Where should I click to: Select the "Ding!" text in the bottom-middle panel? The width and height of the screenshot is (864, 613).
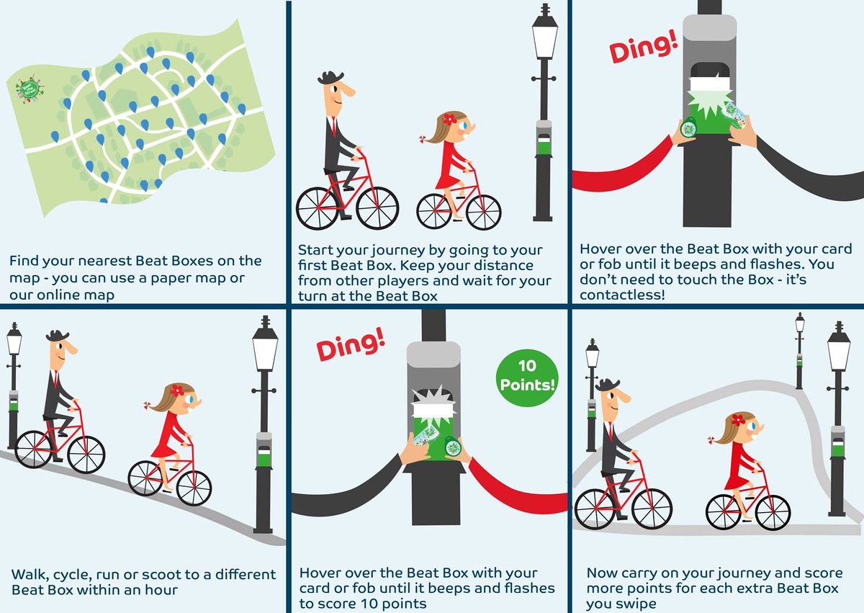tap(351, 344)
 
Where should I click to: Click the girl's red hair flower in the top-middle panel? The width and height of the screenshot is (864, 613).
tap(450, 119)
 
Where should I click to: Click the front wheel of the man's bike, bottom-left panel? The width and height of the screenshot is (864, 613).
tap(86, 452)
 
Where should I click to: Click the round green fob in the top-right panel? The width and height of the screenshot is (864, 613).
tap(688, 128)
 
